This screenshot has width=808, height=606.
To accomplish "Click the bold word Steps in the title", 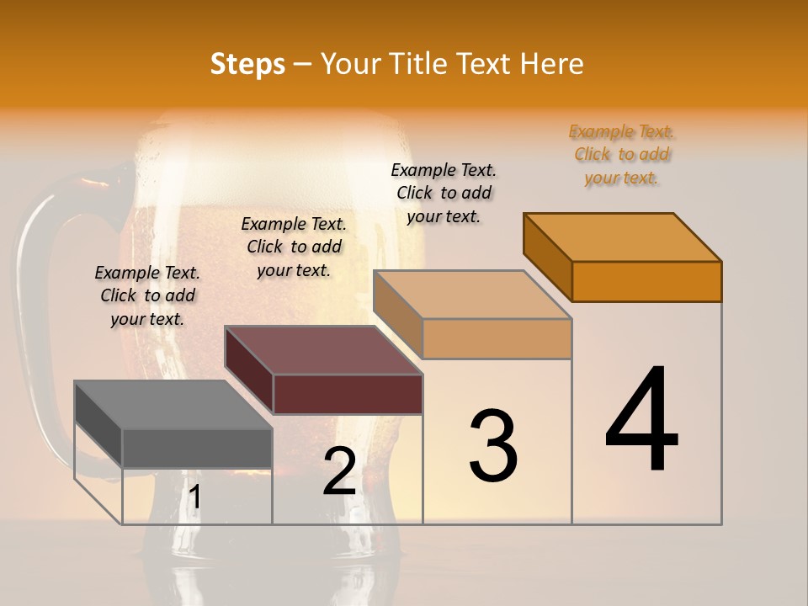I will pyautogui.click(x=247, y=65).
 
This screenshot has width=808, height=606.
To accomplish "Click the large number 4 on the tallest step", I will pyautogui.click(x=641, y=421).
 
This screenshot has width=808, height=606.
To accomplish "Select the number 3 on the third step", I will pyautogui.click(x=493, y=446).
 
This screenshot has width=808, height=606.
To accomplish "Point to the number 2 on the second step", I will pyautogui.click(x=340, y=471).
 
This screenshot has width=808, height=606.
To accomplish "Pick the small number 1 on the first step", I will pyautogui.click(x=195, y=497).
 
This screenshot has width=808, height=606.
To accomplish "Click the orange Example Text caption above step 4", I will pyautogui.click(x=622, y=154).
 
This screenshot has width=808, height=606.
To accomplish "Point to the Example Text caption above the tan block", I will pyautogui.click(x=444, y=193).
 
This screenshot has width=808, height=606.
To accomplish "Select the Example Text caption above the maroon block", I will pyautogui.click(x=294, y=247).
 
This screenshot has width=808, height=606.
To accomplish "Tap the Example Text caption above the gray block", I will pyautogui.click(x=147, y=295).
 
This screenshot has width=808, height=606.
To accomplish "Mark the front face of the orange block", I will pyautogui.click(x=646, y=281).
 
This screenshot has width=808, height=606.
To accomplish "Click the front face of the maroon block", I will pyautogui.click(x=348, y=394).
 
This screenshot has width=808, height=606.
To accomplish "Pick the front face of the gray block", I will pyautogui.click(x=197, y=448).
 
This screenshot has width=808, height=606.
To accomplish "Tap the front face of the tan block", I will pyautogui.click(x=497, y=338).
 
